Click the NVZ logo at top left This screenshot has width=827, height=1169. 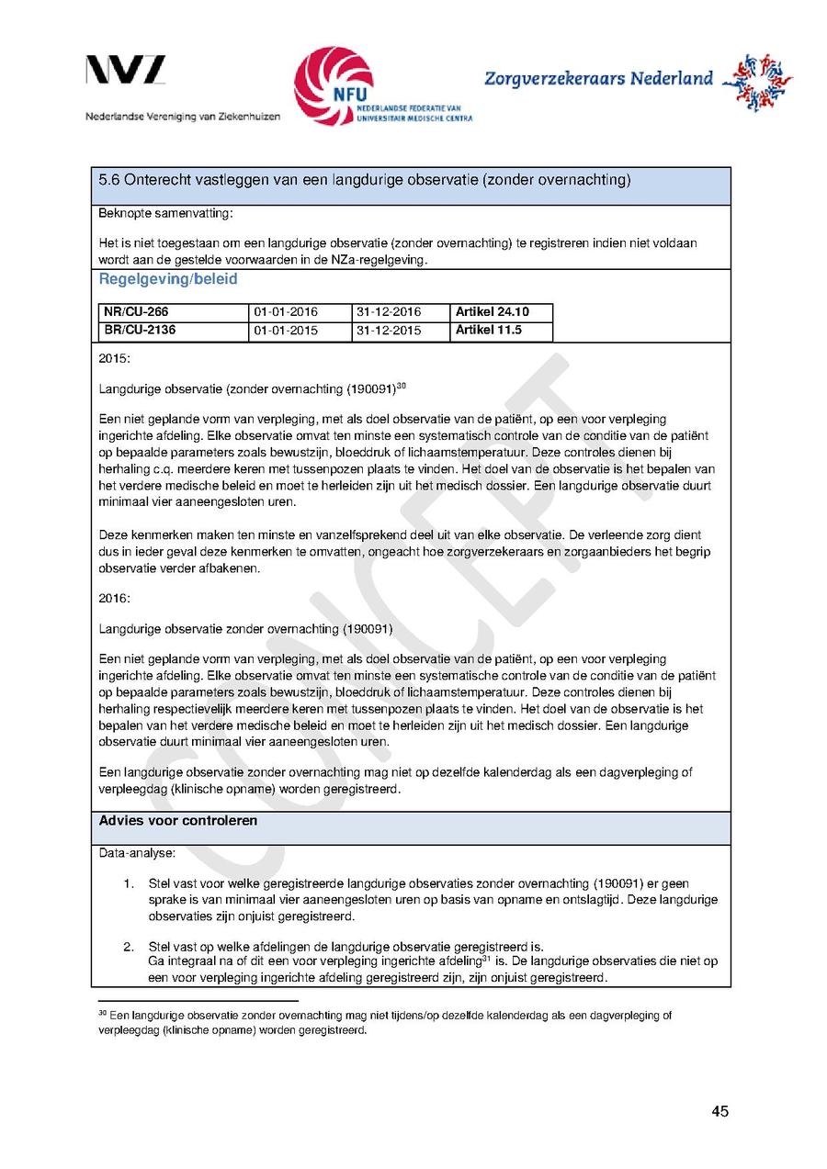[126, 71]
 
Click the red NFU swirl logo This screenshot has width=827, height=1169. [333, 85]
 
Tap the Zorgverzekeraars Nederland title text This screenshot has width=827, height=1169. [598, 78]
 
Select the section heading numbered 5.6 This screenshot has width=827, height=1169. [364, 180]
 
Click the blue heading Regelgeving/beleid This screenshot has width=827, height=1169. [168, 279]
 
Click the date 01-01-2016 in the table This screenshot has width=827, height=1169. [286, 312]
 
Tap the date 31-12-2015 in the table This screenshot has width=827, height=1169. [388, 331]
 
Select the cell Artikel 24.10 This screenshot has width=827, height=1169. [493, 312]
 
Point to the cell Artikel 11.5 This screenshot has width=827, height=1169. [489, 330]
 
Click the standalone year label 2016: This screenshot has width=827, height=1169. [115, 598]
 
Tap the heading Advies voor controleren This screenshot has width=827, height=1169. [178, 821]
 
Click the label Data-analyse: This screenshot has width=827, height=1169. [137, 854]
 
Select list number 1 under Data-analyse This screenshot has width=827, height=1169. [130, 883]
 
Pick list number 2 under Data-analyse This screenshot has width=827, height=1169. [130, 946]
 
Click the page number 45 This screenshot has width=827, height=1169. [719, 1112]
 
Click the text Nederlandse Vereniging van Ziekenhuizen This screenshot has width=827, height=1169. [183, 117]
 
